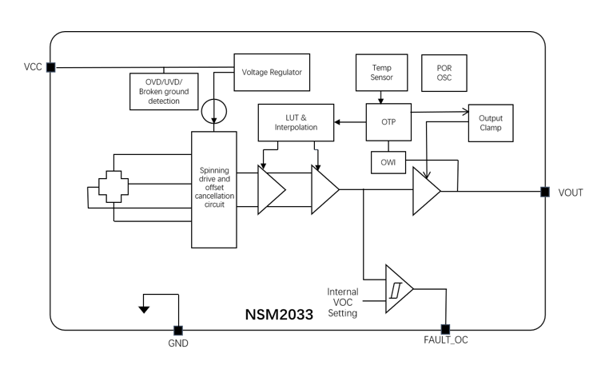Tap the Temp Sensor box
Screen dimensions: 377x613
(x=380, y=72)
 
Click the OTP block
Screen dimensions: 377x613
(x=388, y=122)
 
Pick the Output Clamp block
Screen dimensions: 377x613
(x=491, y=121)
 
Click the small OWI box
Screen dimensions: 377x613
(x=388, y=163)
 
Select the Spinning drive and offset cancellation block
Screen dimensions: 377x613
(x=214, y=189)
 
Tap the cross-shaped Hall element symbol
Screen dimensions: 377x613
(x=113, y=189)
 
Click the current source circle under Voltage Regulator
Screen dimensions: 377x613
(x=215, y=109)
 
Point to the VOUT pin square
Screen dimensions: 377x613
(x=544, y=192)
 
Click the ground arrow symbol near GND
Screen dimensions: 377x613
(x=145, y=308)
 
